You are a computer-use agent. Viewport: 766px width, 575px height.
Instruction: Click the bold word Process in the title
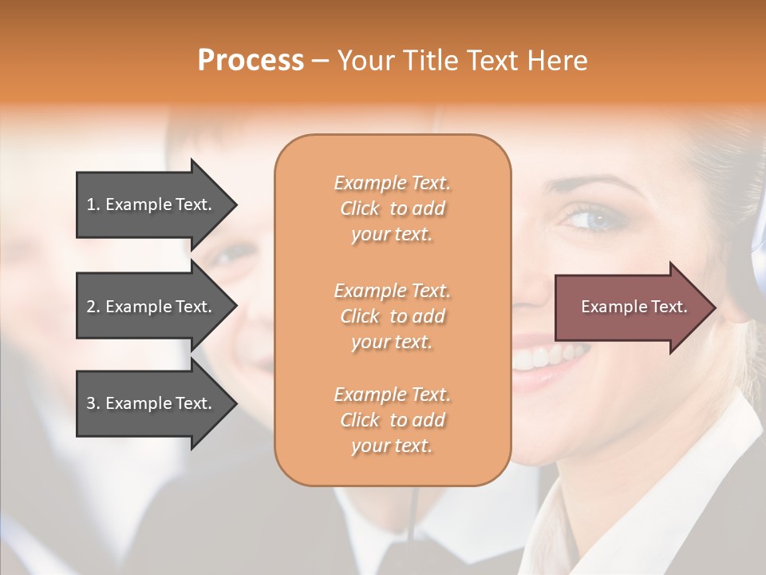point(251,61)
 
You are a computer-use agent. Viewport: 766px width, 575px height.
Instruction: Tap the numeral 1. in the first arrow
point(93,204)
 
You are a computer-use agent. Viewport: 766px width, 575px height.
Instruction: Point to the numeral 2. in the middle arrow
point(93,307)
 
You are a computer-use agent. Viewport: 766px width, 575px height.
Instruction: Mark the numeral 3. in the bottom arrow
point(93,403)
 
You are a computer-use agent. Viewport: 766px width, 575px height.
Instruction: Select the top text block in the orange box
point(392,208)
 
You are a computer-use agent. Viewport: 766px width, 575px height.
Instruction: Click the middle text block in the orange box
point(392,316)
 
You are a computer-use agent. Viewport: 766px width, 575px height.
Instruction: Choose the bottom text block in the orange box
point(392,420)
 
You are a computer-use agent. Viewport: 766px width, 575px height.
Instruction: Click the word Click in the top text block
point(360,209)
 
